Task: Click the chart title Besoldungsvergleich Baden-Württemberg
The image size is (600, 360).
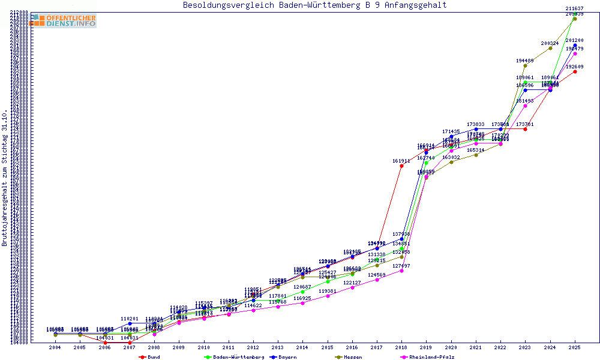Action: point(314,5)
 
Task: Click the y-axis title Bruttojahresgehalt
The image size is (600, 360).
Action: point(5,178)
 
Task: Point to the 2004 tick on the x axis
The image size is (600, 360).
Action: point(55,347)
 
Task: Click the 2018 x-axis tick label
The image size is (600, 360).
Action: point(401,347)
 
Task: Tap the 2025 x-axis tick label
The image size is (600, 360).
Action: point(575,347)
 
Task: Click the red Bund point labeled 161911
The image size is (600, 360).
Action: point(401,166)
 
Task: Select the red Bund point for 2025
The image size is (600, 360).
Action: point(575,71)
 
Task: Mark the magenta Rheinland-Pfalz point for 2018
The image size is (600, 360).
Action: point(401,271)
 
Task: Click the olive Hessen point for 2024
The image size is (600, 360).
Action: point(550,48)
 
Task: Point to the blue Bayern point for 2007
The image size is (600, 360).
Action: point(130,323)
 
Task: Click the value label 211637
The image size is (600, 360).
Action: point(574,8)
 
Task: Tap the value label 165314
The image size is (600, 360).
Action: point(476,150)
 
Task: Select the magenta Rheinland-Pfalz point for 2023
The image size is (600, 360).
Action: point(525,106)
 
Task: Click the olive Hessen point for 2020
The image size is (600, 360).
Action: point(451,162)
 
